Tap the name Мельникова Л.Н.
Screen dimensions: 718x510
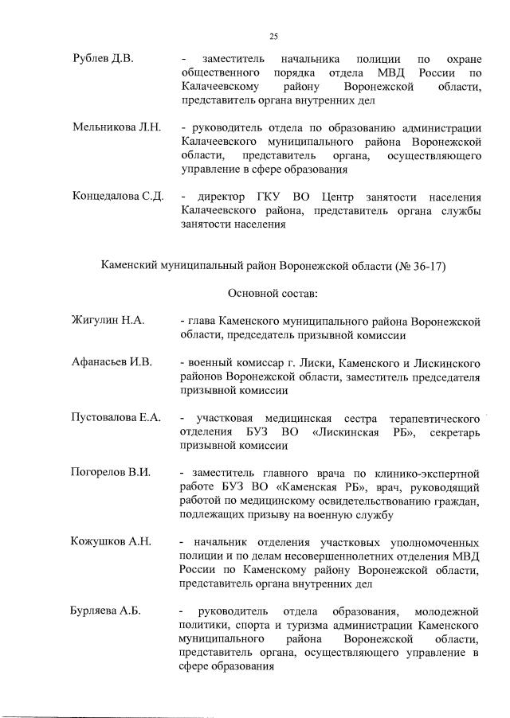(x=116, y=128)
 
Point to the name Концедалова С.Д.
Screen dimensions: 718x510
(x=118, y=197)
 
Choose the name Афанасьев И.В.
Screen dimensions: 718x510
(x=112, y=363)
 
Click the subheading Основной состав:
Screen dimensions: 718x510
(x=273, y=294)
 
